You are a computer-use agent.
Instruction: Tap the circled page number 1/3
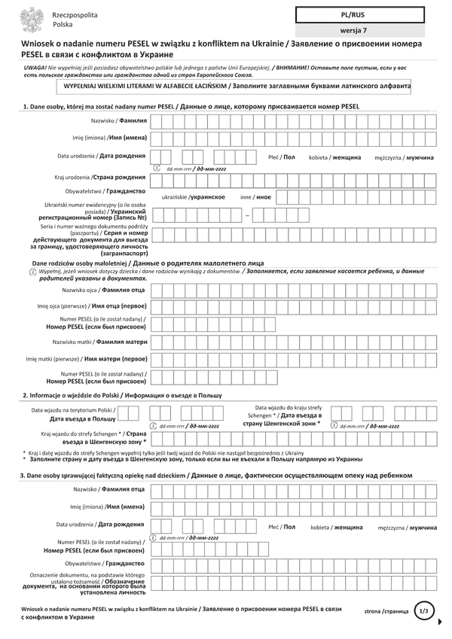pyautogui.click(x=423, y=612)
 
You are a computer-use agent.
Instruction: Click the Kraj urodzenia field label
pyautogui.click(x=99, y=177)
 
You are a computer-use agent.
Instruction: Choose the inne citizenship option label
pyautogui.click(x=255, y=196)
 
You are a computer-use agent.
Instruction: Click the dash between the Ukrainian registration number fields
pyautogui.click(x=247, y=216)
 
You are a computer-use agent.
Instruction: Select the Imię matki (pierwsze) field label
pyautogui.click(x=87, y=359)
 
